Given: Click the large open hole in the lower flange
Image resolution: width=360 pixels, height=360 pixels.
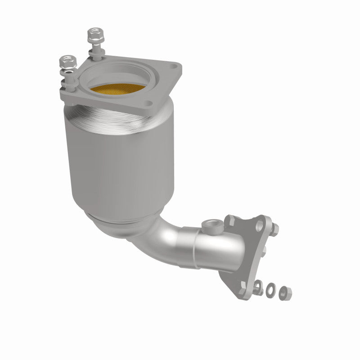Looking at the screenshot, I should (x=259, y=224).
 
